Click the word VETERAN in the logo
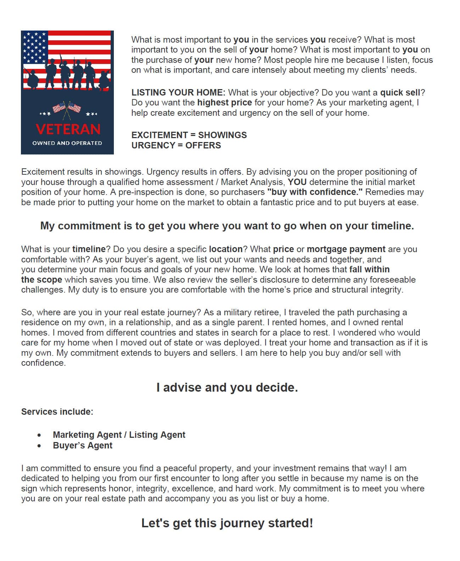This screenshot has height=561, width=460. point(68,129)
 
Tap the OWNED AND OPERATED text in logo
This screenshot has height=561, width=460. point(67,143)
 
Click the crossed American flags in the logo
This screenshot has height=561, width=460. point(67,108)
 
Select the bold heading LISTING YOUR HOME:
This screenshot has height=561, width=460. point(178,93)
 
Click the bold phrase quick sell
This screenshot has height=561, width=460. point(400,93)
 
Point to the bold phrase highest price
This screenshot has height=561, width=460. point(224,103)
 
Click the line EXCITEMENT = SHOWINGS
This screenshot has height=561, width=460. point(189,135)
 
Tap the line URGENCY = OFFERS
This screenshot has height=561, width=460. point(176,145)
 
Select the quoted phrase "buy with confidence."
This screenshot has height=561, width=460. point(314,192)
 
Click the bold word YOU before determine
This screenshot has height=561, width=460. point(297,182)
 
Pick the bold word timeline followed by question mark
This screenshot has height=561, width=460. point(89,249)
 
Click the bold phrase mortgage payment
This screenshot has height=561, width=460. point(346,249)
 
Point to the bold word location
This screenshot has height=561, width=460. point(226,249)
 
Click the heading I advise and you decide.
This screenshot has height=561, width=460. point(227,387)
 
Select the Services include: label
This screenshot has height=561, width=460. point(57,412)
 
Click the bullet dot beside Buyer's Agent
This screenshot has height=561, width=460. point(39,446)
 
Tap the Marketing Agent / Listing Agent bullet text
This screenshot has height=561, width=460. point(119,435)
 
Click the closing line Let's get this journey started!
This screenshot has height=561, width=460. point(227,523)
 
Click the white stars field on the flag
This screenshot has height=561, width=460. point(34,46)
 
